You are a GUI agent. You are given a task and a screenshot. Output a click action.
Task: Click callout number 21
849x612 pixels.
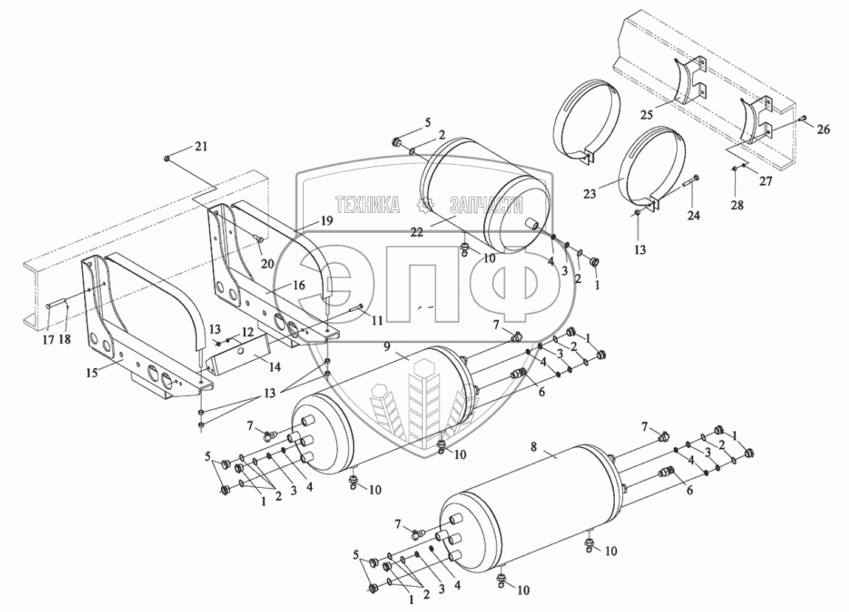(x=202, y=146)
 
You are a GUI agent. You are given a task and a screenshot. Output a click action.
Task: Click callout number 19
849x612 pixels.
(x=327, y=220)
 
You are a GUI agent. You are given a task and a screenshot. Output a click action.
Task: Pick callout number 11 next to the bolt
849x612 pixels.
(x=378, y=321)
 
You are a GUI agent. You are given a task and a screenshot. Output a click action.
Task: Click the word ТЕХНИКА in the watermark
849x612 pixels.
(x=366, y=204)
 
